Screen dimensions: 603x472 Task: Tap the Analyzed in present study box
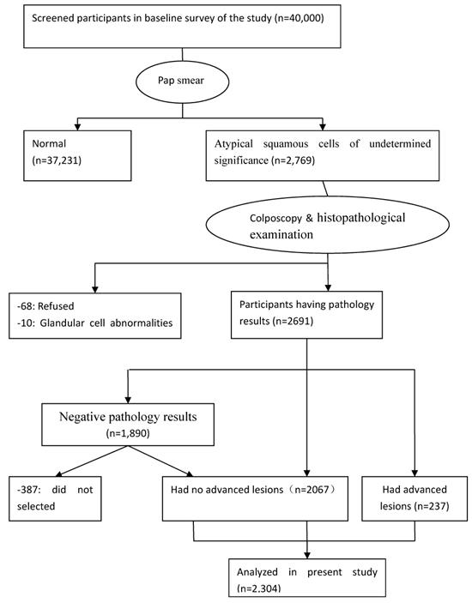[x=307, y=574]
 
